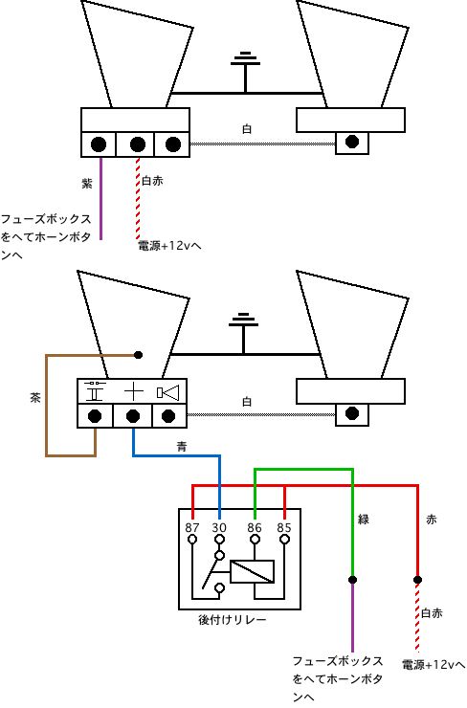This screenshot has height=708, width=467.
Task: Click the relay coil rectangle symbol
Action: (x=252, y=571)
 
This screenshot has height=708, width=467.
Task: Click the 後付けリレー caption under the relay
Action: (x=233, y=620)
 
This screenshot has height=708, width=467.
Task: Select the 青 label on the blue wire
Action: (x=182, y=447)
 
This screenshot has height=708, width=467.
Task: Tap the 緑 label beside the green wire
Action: (x=364, y=520)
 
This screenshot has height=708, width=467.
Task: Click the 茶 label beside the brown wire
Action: (x=35, y=397)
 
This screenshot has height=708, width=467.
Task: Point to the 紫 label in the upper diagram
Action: (x=87, y=183)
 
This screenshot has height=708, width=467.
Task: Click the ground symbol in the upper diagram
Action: (x=245, y=73)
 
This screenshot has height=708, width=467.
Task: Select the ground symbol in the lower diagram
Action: (x=243, y=333)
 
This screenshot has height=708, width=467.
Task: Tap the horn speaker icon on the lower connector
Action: (x=168, y=392)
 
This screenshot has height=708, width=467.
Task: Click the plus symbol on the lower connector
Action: (x=134, y=391)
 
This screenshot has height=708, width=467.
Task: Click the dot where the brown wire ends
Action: (x=138, y=355)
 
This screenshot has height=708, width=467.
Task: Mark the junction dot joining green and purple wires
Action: (x=352, y=579)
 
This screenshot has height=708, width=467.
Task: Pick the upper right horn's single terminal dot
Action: (x=352, y=142)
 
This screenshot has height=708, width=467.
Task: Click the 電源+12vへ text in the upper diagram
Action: (x=169, y=246)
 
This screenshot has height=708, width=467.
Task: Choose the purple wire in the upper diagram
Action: (x=100, y=199)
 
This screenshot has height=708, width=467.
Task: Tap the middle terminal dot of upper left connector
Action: (x=137, y=144)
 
